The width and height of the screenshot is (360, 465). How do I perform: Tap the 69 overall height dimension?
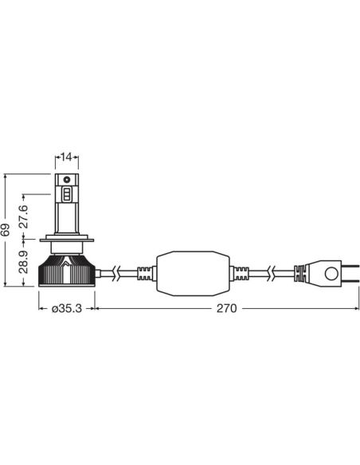(x=6, y=230)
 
